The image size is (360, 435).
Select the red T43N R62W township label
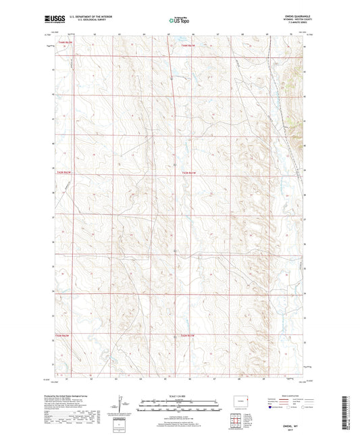[61, 173]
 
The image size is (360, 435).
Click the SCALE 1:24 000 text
[179, 396]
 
